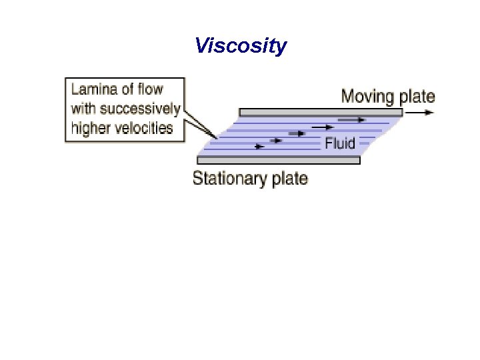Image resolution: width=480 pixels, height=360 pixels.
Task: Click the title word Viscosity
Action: tap(241, 46)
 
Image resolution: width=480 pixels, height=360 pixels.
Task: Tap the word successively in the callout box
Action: tap(140, 109)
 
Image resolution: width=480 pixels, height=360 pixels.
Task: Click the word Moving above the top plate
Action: tap(367, 97)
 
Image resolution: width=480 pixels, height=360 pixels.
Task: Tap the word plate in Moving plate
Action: tap(417, 97)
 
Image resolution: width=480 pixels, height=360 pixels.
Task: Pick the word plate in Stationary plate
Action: tap(287, 179)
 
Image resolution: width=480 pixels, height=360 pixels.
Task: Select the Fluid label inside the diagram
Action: tap(340, 143)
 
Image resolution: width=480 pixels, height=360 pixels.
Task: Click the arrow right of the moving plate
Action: tap(420, 112)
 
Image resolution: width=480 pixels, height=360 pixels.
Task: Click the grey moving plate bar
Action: tap(321, 112)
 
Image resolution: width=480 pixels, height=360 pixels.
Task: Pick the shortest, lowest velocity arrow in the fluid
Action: tap(260, 147)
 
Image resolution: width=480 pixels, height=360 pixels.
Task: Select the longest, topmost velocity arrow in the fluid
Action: tap(351, 120)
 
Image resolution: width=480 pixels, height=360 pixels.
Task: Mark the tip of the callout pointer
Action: tap(217, 138)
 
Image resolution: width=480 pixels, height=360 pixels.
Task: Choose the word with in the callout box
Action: tap(83, 109)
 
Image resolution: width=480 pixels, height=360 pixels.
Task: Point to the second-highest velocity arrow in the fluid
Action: tap(322, 127)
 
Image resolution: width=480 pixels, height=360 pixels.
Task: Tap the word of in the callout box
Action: tap(127, 89)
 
